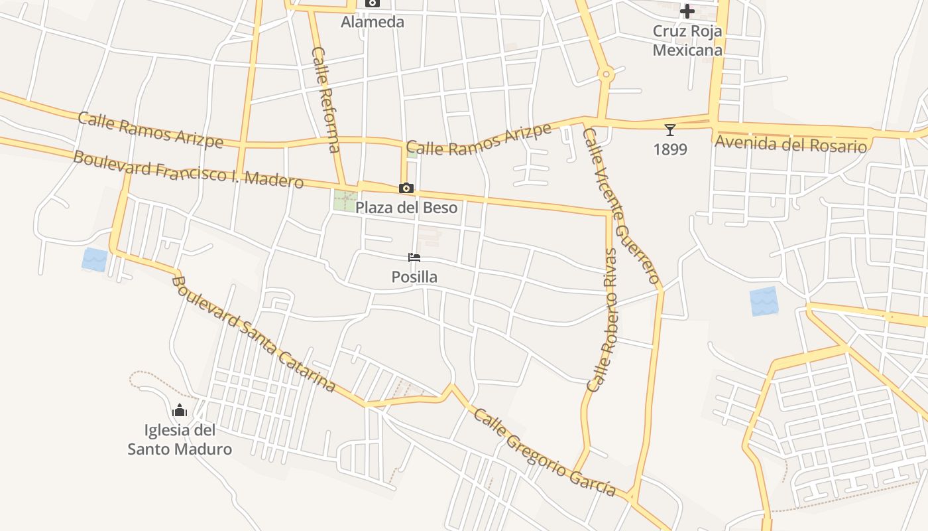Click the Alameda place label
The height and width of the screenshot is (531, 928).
coord(372,22)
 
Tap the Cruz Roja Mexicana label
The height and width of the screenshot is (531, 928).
coord(687,40)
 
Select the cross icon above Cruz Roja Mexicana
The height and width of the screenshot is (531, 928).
coord(687,11)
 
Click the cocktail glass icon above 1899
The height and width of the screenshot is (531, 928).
coord(670,130)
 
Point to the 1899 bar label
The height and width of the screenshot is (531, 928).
coord(670,149)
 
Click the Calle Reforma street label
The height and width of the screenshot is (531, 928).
coord(326,99)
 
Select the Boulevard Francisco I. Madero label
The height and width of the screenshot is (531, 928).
coord(188,169)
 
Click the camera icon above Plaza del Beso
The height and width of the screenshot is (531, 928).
coord(406,189)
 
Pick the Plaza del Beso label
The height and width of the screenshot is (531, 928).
coord(406,208)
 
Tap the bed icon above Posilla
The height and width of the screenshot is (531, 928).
coord(414,258)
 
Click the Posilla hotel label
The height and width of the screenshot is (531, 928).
coord(414,277)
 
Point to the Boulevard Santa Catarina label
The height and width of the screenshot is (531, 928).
coord(253,334)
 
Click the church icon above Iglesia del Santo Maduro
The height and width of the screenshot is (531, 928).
coord(180,410)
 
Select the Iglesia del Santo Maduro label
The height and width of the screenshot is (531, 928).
coord(180,440)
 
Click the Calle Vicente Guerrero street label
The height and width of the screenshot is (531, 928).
coord(621,206)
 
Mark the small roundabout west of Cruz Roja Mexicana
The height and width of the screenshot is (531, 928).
coord(605,75)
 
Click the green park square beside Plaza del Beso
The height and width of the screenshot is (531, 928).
coord(345,200)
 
